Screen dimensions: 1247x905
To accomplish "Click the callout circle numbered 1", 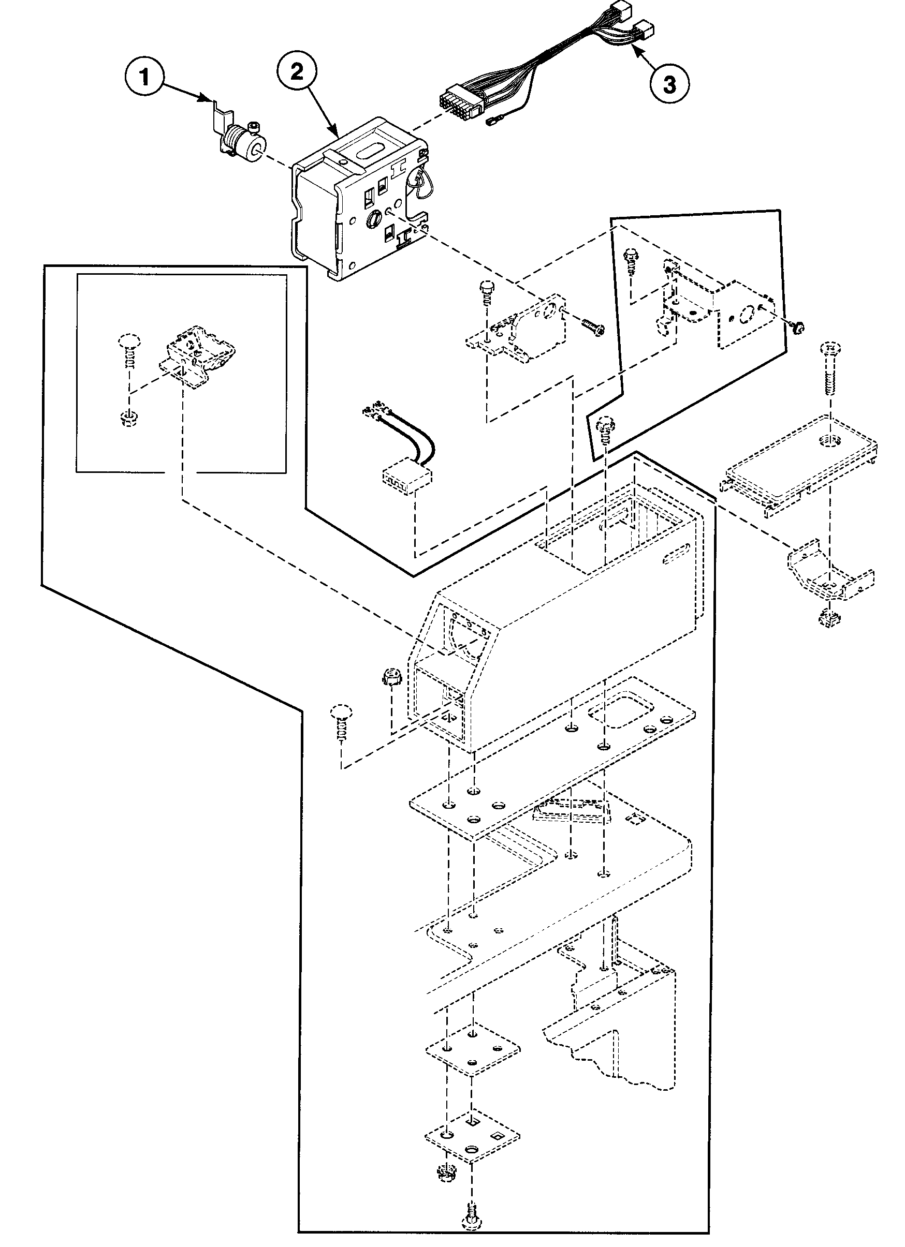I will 144,77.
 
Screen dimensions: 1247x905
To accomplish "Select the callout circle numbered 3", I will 668,85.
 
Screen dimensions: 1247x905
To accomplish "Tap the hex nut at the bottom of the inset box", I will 128,419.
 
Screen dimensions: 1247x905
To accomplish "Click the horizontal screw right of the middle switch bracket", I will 590,325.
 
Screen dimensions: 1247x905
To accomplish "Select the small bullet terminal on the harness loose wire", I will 492,125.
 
